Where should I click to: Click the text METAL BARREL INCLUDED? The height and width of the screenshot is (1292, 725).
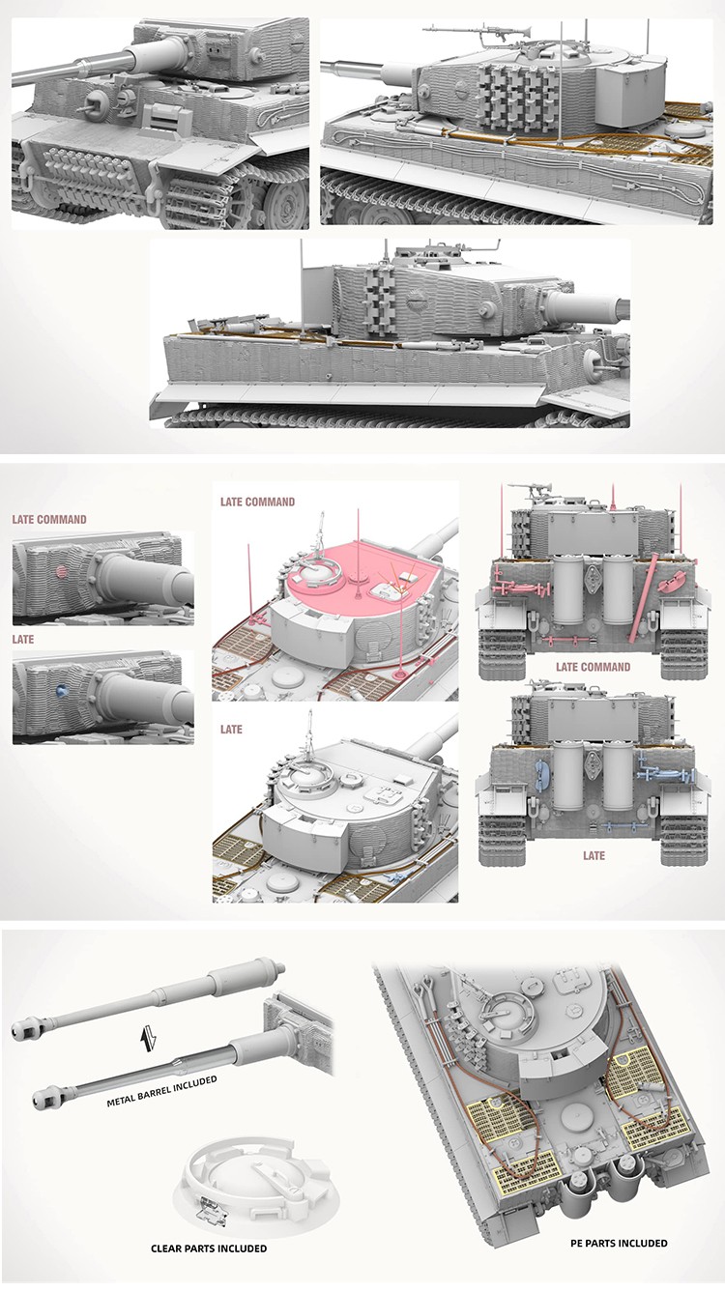[x=162, y=1091]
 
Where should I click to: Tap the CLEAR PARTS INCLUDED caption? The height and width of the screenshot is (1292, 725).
[x=209, y=1249]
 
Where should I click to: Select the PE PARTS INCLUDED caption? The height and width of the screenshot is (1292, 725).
[x=619, y=1243]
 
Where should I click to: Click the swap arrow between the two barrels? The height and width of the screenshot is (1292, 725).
[x=148, y=1034]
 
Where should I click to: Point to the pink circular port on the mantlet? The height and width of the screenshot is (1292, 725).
[x=62, y=572]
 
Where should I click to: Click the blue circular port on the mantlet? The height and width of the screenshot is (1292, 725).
[x=62, y=690]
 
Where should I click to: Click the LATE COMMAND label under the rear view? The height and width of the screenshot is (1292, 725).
[x=593, y=668]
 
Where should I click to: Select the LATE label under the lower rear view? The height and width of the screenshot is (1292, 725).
[x=594, y=855]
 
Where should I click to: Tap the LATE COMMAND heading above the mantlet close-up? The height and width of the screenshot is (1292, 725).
[x=49, y=520]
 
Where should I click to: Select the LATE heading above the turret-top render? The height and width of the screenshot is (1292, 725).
[x=231, y=730]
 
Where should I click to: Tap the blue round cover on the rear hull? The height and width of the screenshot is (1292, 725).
[x=541, y=773]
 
